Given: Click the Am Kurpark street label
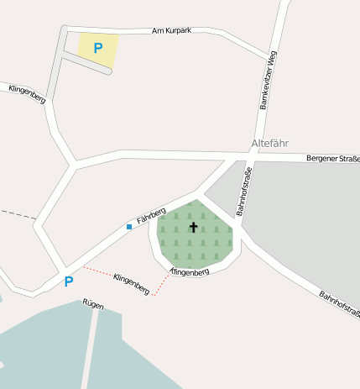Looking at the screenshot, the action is (172, 30).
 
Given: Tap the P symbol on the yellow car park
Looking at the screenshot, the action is (98, 48).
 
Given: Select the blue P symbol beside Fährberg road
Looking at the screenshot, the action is (69, 281).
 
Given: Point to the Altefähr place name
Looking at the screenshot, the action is (269, 144).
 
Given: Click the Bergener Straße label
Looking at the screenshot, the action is (332, 158).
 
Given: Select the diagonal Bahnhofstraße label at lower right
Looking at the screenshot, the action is (338, 303).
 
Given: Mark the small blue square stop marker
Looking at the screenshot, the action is (129, 227).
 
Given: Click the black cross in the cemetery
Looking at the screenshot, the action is (194, 227).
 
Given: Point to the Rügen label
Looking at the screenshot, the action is (93, 304).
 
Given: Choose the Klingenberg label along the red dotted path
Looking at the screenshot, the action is (131, 284).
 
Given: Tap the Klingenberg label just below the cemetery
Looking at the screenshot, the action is (189, 272).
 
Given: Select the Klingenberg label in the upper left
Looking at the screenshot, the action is (27, 93).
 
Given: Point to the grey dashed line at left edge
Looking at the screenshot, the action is (17, 215).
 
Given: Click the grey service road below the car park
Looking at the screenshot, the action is (84, 66).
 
